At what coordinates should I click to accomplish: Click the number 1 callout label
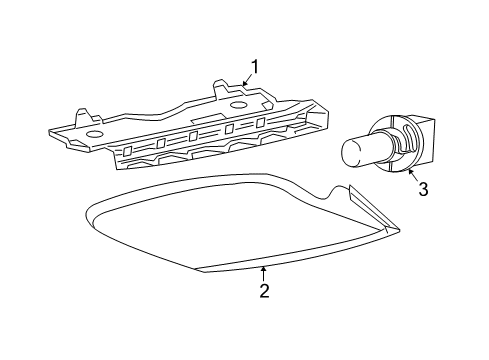[x=255, y=67]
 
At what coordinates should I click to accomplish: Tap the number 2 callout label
[x=264, y=291]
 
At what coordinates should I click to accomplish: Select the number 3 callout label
[x=423, y=189]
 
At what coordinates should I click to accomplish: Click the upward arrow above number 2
[x=263, y=271]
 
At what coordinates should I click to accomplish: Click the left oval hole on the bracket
[x=93, y=132]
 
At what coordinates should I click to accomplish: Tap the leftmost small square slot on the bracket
[x=127, y=151]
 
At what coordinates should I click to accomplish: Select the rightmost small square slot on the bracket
[x=261, y=122]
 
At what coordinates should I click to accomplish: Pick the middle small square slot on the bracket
[x=194, y=136]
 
